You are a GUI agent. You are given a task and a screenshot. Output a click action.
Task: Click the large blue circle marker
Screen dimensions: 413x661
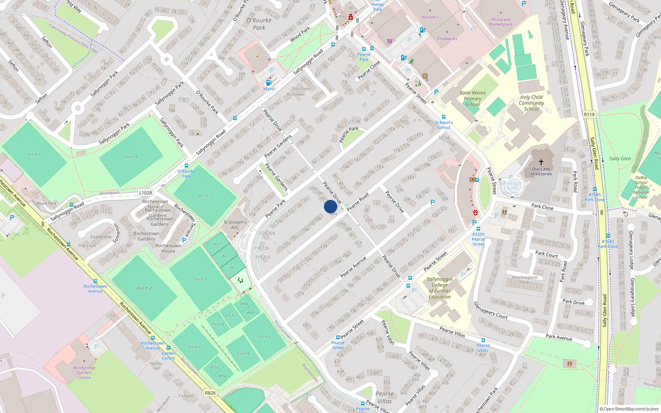pos(330,206)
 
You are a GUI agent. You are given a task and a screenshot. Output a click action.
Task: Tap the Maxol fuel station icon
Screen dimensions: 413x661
pos(269,83)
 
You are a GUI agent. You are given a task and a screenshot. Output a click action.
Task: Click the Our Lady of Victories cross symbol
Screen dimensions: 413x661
pos(541,162)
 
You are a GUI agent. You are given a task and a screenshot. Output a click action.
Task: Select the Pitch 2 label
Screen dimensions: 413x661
pos(145,288)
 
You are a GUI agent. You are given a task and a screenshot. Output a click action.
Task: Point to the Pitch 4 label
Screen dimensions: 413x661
pos(131,157)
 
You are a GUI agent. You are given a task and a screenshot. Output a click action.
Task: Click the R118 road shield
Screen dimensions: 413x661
pos(590,114)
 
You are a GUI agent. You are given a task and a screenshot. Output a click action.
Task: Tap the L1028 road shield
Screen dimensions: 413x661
pos(145,192)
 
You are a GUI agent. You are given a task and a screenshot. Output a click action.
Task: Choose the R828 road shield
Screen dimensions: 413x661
pos(210,393)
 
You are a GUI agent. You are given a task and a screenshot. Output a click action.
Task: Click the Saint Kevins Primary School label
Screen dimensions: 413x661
pos(473,99)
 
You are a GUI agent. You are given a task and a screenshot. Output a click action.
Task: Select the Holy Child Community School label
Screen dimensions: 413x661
pos(531,103)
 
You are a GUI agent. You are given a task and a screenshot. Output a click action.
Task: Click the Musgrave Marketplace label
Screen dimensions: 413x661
pos(501,22)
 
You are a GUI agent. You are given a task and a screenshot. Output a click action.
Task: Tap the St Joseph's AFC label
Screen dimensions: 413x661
pos(235,225)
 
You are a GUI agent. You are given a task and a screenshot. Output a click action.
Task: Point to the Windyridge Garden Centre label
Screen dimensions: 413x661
pos(84,373)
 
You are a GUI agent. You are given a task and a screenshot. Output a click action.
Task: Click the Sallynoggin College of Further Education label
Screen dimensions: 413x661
pos(440,288)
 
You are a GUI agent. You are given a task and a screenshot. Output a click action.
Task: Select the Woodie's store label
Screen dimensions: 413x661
pos(430,17)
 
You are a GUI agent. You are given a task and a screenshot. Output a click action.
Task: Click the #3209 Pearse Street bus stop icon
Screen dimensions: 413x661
pos(478,228)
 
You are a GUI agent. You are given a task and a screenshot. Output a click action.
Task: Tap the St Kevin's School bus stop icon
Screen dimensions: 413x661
pos(444,117)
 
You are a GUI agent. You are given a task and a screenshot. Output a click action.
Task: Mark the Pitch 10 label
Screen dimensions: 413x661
pos(195,347)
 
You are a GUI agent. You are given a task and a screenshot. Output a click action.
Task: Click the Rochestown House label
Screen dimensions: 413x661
pos(168,248)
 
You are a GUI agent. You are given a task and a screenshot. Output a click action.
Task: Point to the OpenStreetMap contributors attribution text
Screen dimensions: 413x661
pos(629,409)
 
